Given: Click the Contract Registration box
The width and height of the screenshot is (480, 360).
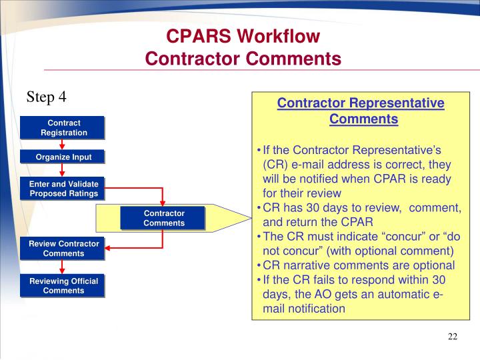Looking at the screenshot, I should click(x=62, y=127).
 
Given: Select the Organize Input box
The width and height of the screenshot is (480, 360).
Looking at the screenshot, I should click(x=62, y=157).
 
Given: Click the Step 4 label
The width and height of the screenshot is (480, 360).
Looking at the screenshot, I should click(x=46, y=97).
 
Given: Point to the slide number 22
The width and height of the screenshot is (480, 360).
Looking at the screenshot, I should click(x=453, y=336).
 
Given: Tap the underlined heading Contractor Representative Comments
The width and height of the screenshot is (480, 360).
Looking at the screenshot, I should click(x=361, y=111).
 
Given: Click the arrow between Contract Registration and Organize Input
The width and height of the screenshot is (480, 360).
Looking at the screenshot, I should click(x=62, y=145).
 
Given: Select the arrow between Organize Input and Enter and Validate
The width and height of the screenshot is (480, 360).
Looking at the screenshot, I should click(x=62, y=171).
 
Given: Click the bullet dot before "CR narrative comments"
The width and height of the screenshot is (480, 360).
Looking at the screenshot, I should click(x=259, y=265).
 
